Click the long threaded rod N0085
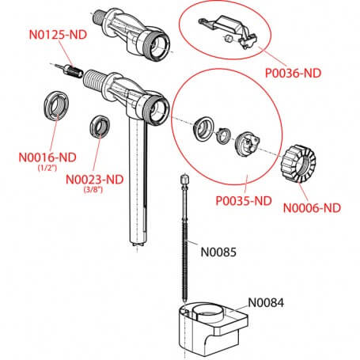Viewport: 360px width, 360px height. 186,237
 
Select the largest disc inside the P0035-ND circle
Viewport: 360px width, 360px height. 251,143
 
